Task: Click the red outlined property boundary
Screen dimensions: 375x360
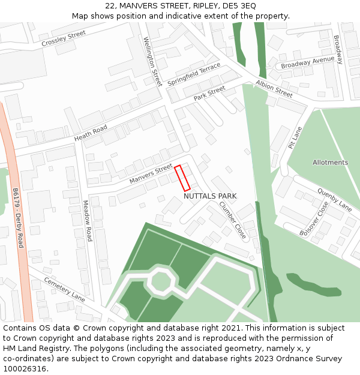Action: point(182,178)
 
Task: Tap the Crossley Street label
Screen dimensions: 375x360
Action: point(64,39)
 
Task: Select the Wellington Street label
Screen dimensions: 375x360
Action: point(152,61)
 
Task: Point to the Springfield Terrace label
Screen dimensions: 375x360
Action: point(194,74)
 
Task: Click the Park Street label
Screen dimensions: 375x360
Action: point(209,93)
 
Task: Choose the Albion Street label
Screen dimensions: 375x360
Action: point(274,89)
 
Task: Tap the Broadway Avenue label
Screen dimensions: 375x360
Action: point(307,62)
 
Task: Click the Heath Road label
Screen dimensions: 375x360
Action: point(91,133)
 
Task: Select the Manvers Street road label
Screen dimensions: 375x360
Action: point(151,175)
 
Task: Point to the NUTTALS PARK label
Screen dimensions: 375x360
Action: point(210,196)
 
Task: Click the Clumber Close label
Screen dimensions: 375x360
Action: point(232,220)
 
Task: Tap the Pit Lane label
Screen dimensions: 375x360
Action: point(295,137)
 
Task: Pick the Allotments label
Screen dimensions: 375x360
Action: point(330,163)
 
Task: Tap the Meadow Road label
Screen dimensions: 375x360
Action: point(87,220)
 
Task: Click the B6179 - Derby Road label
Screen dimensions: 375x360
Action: point(17,217)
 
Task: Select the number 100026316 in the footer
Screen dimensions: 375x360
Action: point(26,369)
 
